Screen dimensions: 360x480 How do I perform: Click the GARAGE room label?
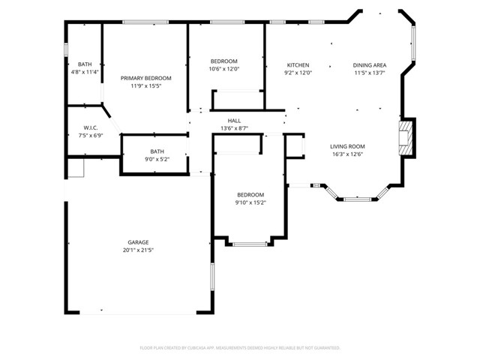(x=137, y=242)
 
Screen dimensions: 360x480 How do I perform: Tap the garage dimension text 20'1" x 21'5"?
(x=137, y=250)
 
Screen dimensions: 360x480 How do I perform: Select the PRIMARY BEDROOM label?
(x=146, y=78)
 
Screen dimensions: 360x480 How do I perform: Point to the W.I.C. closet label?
(x=91, y=127)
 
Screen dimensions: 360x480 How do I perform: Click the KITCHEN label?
(x=298, y=65)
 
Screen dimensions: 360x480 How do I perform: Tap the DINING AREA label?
(x=369, y=65)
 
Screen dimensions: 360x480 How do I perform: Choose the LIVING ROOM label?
(x=347, y=146)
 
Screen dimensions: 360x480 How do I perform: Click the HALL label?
(x=234, y=121)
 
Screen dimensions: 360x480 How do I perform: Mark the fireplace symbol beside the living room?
(x=405, y=138)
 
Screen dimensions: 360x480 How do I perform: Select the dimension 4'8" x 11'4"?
(x=85, y=73)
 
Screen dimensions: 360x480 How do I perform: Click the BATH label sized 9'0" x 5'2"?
(x=157, y=151)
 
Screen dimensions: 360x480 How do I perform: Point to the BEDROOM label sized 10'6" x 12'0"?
(x=223, y=61)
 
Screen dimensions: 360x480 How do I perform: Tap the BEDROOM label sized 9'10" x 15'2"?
(x=250, y=194)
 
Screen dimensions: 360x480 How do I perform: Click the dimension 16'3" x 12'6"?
(x=347, y=154)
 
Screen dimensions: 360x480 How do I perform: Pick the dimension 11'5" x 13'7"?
(x=369, y=73)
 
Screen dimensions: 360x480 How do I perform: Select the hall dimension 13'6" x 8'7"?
(x=234, y=128)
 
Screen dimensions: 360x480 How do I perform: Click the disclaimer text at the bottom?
(x=240, y=348)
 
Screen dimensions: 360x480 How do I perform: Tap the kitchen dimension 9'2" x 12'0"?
(x=298, y=73)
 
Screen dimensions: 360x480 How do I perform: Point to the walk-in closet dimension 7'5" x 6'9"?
(x=91, y=136)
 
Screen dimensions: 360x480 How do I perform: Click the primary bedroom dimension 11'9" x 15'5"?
(x=146, y=86)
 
